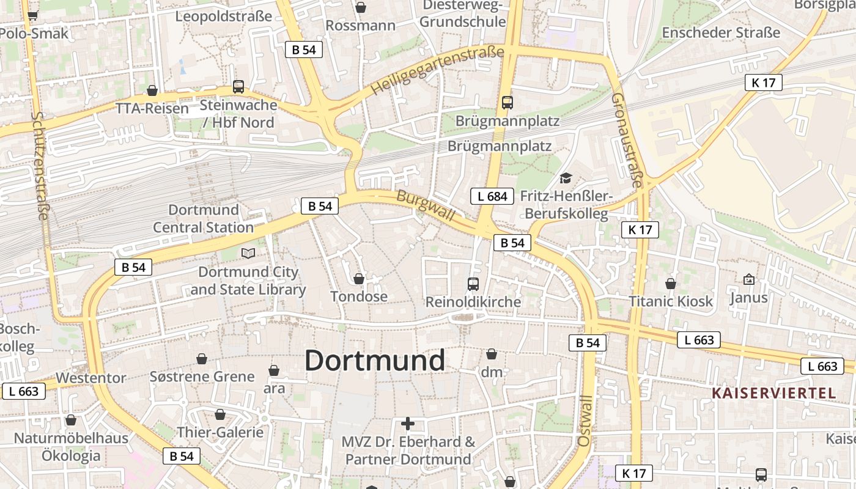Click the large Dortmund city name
[x=374, y=361]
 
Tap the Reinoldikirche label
[x=473, y=301]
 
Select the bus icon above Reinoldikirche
[x=473, y=284]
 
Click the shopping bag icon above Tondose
[x=359, y=279]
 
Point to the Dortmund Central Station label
[x=203, y=219]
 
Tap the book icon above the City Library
[x=248, y=253]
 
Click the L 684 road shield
[x=492, y=196]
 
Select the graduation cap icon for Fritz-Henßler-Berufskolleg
[x=566, y=178]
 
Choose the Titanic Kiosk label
[x=671, y=301]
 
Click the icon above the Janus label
[x=748, y=279]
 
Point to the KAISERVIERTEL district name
[x=773, y=393]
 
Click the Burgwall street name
[x=426, y=205]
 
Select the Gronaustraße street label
[x=627, y=141]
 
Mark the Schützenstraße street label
[x=42, y=165]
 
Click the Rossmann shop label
[x=360, y=26]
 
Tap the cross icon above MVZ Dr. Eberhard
[x=408, y=423]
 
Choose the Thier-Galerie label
[x=220, y=432]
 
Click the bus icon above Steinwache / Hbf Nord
[x=238, y=87]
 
